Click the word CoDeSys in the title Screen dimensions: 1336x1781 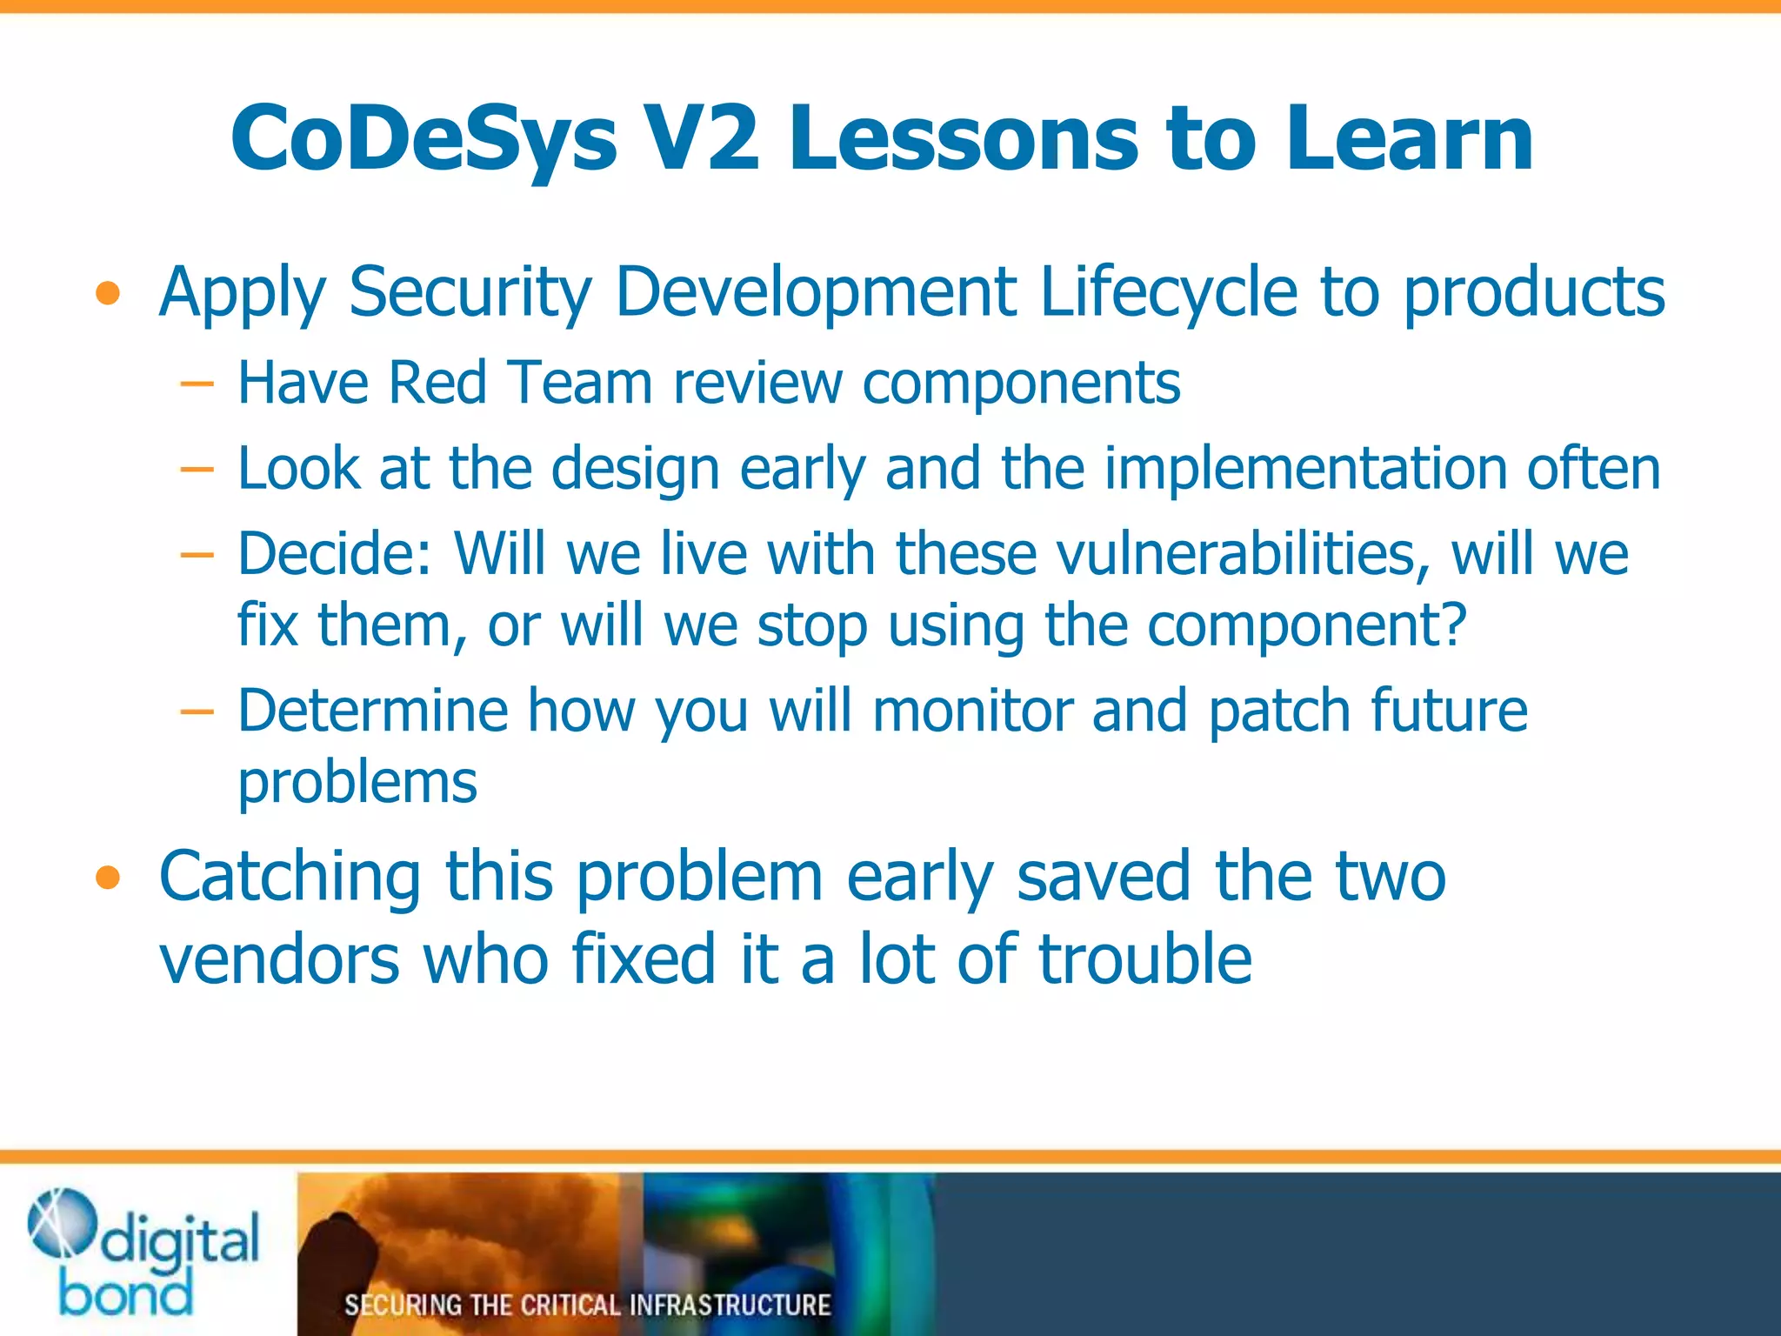click(424, 139)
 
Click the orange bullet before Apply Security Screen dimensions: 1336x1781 click(108, 294)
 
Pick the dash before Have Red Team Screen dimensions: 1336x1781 click(197, 384)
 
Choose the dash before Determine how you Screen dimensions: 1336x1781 click(197, 711)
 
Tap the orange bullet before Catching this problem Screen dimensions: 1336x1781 click(108, 878)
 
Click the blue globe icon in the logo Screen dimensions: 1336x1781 click(61, 1223)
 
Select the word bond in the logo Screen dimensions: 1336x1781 click(126, 1294)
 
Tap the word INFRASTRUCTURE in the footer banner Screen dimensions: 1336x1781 click(730, 1305)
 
